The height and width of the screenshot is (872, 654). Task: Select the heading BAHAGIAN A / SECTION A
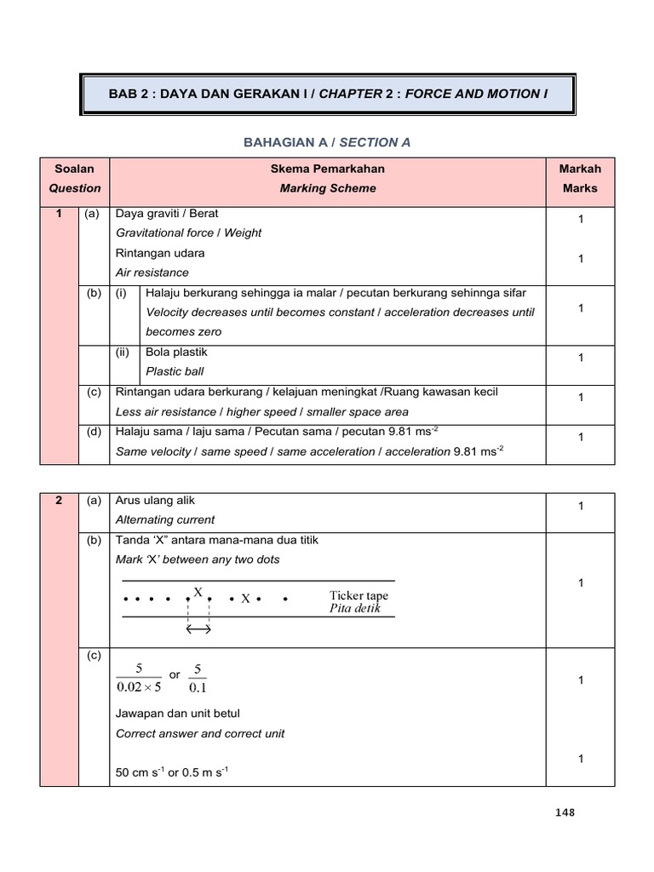click(x=327, y=142)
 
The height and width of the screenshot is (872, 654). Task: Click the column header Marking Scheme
click(x=328, y=188)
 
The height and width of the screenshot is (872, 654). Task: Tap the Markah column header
click(x=579, y=169)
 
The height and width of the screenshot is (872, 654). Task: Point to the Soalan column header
click(x=75, y=169)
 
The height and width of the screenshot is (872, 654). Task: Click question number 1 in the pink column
click(x=59, y=214)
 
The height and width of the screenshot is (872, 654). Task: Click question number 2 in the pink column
click(x=59, y=500)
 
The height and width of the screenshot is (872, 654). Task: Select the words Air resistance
click(x=152, y=272)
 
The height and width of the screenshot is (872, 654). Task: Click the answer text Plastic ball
click(x=175, y=371)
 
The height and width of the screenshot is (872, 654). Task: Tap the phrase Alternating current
click(x=164, y=519)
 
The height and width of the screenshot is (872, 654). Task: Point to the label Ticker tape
click(x=359, y=595)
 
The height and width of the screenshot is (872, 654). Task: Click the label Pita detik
click(x=356, y=609)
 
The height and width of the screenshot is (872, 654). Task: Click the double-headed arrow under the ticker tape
click(x=198, y=629)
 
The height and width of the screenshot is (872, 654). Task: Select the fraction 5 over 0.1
click(x=198, y=680)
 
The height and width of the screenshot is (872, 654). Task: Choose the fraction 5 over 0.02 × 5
click(x=138, y=680)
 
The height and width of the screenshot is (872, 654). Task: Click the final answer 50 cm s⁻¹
click(x=146, y=773)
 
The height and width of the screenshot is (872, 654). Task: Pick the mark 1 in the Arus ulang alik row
click(x=579, y=507)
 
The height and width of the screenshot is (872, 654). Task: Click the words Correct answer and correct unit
click(x=199, y=733)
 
